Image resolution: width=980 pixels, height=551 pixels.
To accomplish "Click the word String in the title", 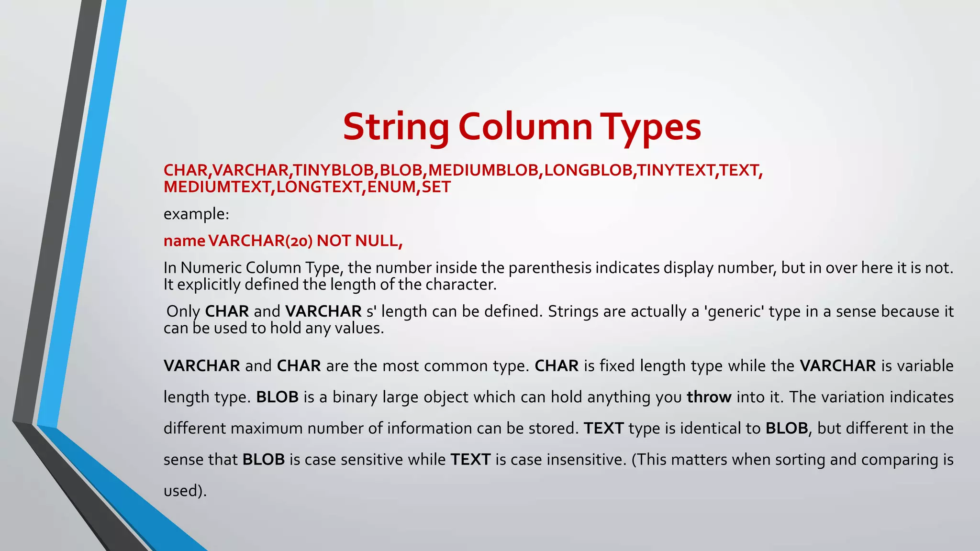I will (x=396, y=127).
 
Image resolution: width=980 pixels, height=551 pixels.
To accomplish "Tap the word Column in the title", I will (x=525, y=127).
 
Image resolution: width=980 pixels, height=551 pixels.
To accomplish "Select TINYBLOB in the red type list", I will (x=334, y=170).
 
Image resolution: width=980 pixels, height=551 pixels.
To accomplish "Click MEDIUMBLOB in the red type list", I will (x=483, y=170).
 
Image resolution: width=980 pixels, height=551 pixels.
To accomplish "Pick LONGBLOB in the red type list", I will (x=588, y=170).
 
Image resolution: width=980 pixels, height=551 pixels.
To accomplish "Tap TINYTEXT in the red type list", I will (x=676, y=170).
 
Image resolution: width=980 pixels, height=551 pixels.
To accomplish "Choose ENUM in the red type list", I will (x=391, y=187).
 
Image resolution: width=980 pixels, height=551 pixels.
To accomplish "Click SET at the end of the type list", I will (x=436, y=187).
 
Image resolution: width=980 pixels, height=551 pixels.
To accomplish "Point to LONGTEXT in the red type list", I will (x=319, y=187).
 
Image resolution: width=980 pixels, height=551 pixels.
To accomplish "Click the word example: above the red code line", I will (x=196, y=214).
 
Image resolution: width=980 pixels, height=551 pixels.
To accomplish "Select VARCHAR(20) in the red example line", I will (x=260, y=241).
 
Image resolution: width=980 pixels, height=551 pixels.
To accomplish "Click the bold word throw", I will (x=709, y=397).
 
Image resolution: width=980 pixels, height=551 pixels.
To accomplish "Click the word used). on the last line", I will (x=185, y=491).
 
